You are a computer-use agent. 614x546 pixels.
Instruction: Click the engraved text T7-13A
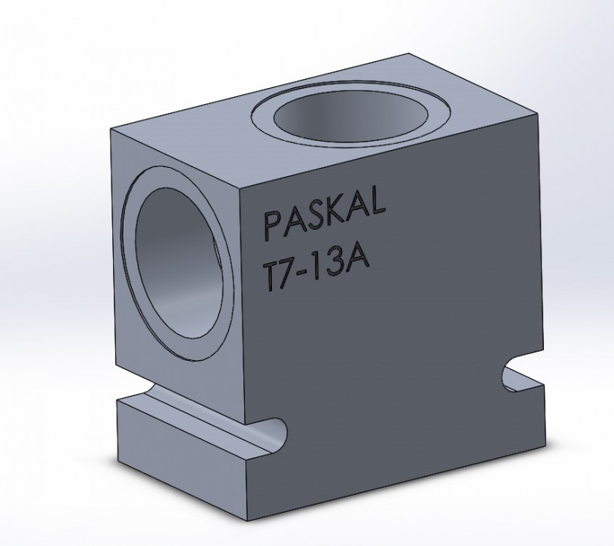tap(316, 268)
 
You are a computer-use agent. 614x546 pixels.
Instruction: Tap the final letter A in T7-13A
tap(358, 259)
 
